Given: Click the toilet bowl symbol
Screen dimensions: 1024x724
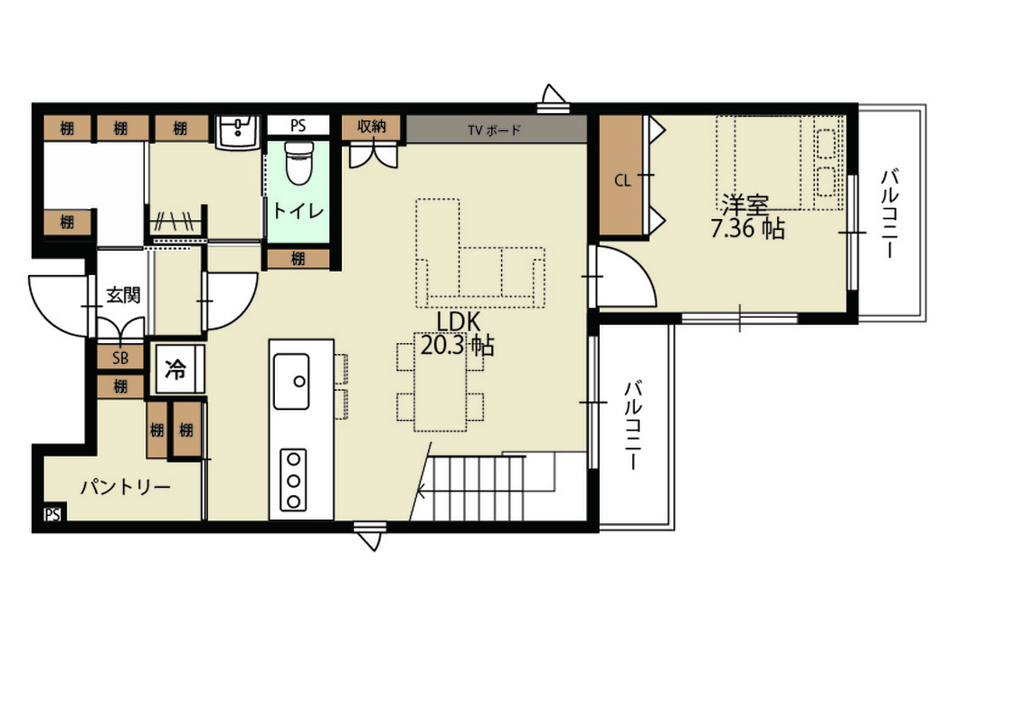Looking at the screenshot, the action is coord(299,163).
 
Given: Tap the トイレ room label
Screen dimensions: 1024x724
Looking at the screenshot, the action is coord(298,211).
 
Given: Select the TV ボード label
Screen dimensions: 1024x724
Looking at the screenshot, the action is coord(495,130).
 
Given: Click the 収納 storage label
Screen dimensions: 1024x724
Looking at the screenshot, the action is coord(372,127).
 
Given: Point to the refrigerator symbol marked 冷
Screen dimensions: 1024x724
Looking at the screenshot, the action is coord(175,369).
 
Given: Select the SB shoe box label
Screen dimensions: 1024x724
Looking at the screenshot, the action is coord(120,358).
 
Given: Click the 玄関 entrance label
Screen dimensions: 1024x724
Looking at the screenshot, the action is coord(123,295).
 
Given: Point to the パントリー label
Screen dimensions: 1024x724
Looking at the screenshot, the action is coord(126,487).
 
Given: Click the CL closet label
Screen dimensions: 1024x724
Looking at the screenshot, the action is coord(623,180).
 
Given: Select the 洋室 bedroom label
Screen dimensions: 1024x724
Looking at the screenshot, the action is coord(745,205).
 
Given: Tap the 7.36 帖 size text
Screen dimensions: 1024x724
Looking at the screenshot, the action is coord(747,229).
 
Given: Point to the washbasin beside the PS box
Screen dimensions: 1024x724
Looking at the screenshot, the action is coord(237,133).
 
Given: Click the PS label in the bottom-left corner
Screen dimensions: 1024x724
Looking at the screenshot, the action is coord(52,514).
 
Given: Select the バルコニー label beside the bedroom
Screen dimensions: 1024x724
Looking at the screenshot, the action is coord(889,213).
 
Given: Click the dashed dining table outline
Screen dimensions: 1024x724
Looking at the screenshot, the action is coord(441,382).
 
